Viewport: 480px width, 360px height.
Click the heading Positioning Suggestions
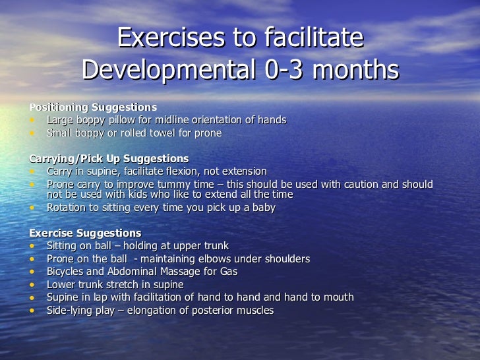coord(93,107)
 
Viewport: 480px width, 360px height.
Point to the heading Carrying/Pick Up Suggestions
coord(109,158)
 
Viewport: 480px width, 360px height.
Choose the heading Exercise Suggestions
coord(85,233)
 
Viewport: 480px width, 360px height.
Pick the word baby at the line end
coord(262,207)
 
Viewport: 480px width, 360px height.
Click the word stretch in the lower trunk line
coord(123,284)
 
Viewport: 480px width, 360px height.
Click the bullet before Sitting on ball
coord(32,246)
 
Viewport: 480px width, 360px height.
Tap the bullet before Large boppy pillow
coord(32,120)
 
